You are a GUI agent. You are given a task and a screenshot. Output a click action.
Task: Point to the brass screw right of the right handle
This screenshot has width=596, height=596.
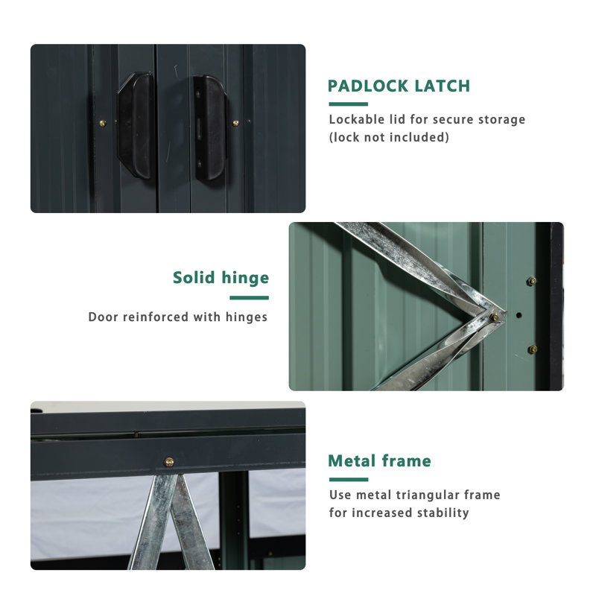click(235, 123)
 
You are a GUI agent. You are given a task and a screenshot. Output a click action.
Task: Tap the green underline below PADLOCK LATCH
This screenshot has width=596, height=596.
click(348, 104)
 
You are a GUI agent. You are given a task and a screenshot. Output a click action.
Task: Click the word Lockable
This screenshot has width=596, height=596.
click(357, 119)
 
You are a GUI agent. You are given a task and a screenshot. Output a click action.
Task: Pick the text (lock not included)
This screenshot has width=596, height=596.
click(389, 137)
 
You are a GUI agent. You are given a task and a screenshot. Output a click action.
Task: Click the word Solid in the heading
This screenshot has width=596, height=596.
click(194, 278)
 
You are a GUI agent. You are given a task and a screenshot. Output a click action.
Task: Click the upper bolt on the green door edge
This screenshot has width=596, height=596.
click(530, 281)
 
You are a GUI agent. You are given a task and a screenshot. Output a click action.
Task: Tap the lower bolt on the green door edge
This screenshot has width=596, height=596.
click(531, 349)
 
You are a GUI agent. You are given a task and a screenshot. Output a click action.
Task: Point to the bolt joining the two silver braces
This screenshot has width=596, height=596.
click(494, 317)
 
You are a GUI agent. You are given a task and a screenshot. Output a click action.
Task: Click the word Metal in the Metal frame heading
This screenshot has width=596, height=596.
click(352, 461)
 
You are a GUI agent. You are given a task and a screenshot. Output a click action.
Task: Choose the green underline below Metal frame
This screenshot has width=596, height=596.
click(348, 480)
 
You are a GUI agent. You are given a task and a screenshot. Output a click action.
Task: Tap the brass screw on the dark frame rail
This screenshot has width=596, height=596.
click(169, 462)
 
